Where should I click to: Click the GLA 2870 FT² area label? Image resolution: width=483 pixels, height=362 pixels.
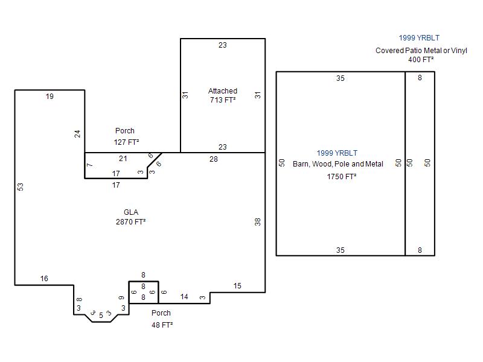coord(130,217)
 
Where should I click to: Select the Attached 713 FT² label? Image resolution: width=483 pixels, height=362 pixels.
coord(223,95)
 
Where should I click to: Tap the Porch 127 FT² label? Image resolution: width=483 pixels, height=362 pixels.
coord(126,136)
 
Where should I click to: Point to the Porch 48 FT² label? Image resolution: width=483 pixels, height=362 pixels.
coord(162,319)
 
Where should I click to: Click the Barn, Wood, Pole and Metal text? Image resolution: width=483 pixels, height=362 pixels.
coord(338,164)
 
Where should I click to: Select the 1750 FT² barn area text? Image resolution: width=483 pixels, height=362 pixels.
coord(342,177)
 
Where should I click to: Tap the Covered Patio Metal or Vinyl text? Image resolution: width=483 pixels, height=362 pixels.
coord(421,51)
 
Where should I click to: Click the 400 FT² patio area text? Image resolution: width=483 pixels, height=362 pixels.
coord(421,60)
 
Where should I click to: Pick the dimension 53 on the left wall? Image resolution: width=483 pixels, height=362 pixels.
coord(21,187)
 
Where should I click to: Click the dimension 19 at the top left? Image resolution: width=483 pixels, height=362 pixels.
coord(50,97)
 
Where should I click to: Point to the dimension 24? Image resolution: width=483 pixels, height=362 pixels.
coord(77,133)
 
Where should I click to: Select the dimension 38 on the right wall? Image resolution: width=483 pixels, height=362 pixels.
coord(258,221)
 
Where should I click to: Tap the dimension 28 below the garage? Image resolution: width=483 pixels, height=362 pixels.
coord(214,159)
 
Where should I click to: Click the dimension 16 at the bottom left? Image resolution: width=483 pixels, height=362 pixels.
coord(44,279)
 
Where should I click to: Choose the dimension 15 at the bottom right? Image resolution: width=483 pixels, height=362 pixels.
coord(237,286)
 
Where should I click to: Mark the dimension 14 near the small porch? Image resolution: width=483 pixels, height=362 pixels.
coord(184,297)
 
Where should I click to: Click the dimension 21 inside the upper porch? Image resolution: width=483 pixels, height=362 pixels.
coord(123,159)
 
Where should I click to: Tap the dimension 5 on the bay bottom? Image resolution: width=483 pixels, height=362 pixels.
coord(101,316)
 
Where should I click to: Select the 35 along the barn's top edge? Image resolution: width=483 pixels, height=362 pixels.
coord(341,78)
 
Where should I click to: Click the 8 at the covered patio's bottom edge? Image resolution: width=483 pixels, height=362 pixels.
coord(420,250)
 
